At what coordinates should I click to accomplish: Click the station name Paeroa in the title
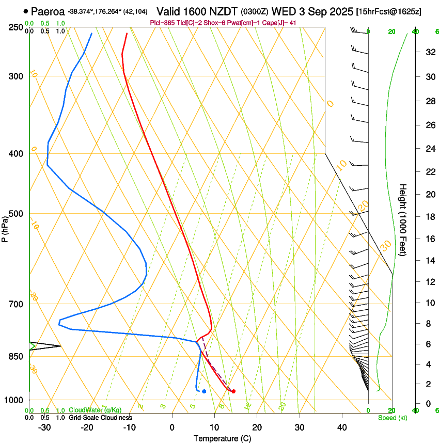pos(48,11)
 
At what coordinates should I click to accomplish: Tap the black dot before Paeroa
pos(26,11)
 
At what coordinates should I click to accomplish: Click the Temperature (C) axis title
pos(222,438)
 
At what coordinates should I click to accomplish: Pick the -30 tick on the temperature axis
pos(44,427)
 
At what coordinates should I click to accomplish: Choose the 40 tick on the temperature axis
pos(341,427)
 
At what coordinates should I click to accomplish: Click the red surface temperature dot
pos(233,391)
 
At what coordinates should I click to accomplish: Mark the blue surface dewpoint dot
pos(204,391)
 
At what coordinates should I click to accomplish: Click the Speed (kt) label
pos(392,418)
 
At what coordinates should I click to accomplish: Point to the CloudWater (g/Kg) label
pos(95,410)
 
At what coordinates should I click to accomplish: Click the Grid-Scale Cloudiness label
pos(100,417)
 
